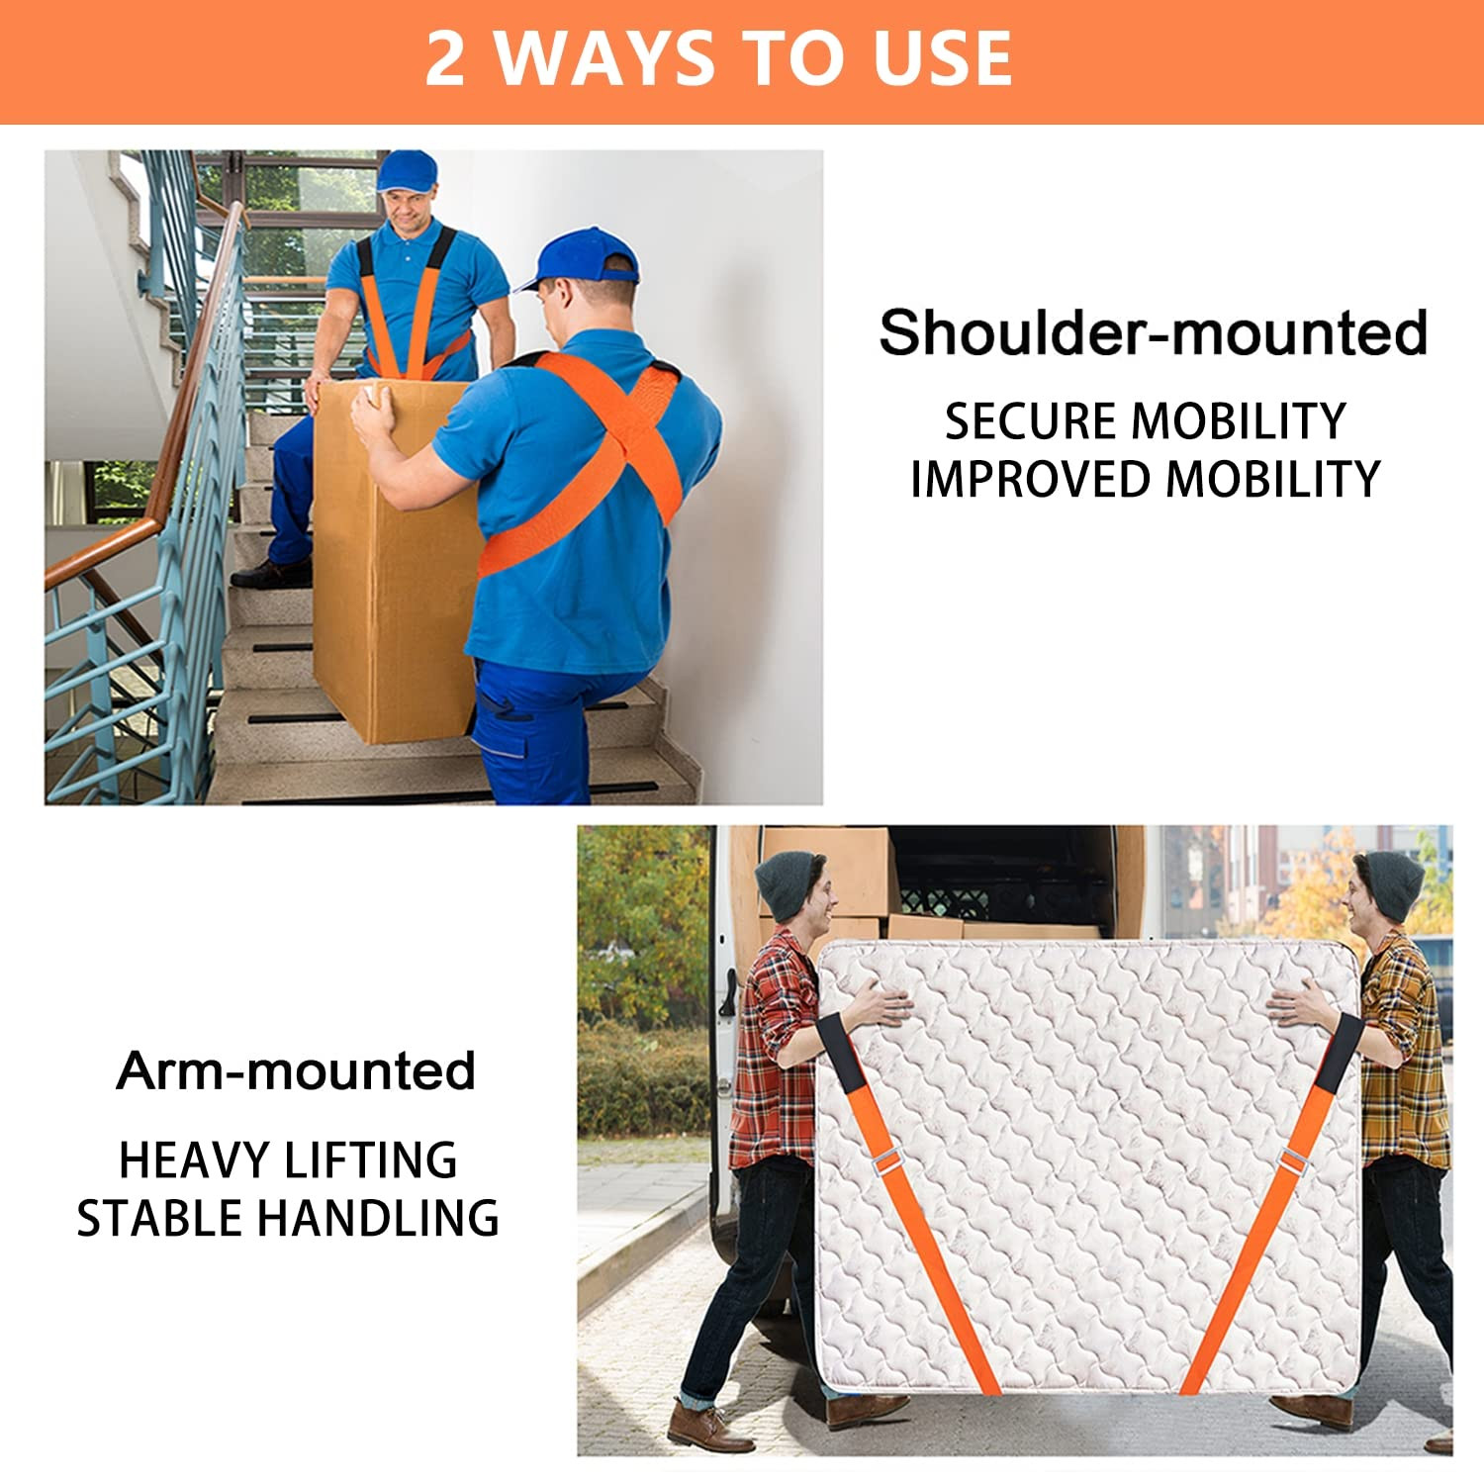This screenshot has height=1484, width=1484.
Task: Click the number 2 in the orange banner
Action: pos(445,59)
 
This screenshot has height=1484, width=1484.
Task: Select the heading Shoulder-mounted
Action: pos(1153,332)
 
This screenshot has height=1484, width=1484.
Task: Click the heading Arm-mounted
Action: pos(296,1071)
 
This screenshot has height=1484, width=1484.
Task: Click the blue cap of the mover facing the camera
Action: pos(407,170)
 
